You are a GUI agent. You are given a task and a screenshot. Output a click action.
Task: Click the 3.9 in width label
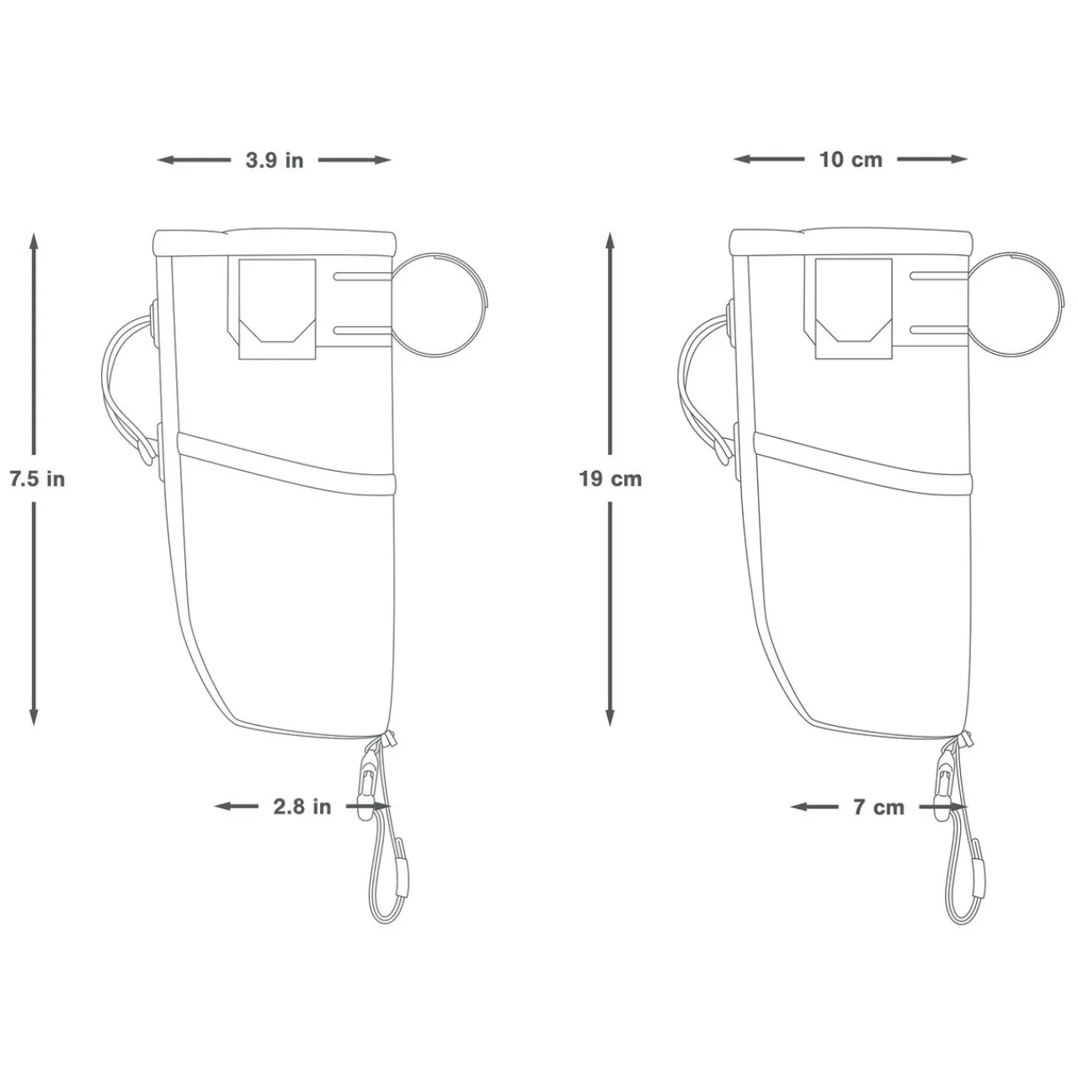[x=275, y=160]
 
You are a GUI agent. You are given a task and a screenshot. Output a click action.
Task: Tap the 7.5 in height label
[x=37, y=479]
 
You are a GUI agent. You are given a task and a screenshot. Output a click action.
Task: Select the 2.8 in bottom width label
[x=302, y=807]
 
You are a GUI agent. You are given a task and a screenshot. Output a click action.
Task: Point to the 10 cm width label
[x=851, y=159]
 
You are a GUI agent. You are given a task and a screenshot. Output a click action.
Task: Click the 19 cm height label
[x=611, y=479]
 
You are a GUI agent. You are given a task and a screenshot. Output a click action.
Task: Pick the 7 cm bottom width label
[x=878, y=807]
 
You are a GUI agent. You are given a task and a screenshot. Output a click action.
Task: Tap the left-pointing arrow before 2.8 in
[x=236, y=807]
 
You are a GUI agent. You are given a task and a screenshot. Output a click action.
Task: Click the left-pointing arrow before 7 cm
[x=814, y=807]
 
